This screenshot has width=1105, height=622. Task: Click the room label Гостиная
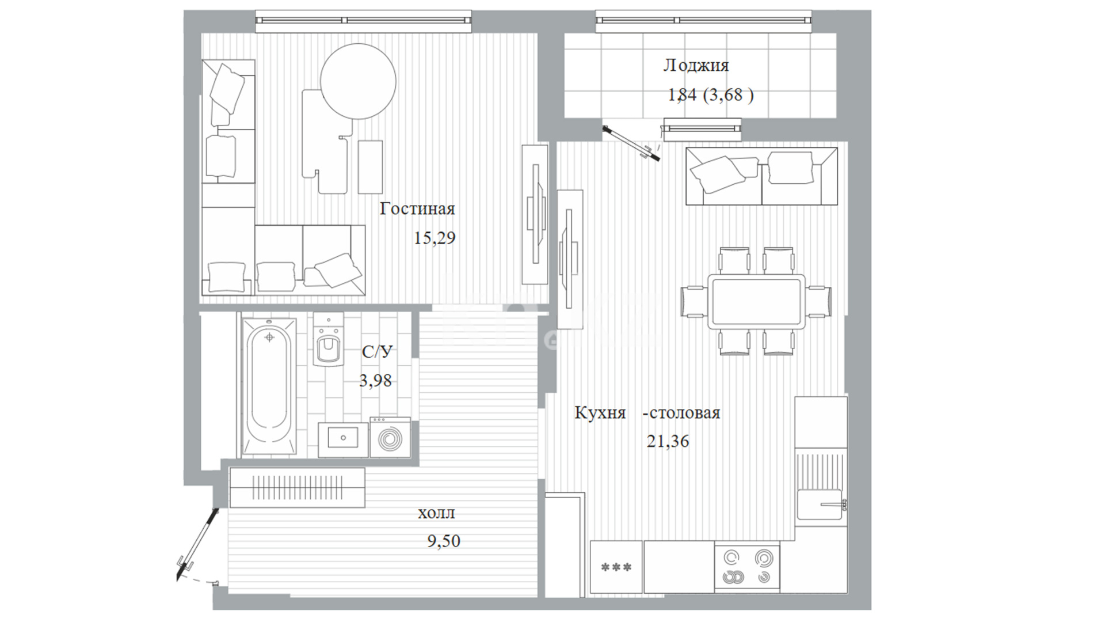point(417,208)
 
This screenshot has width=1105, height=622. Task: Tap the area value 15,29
point(435,238)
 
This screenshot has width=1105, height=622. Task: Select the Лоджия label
point(696,66)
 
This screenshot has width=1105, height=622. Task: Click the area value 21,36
point(668,441)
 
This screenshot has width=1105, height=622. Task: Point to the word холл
point(436,513)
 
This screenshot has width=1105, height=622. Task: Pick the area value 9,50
point(444,541)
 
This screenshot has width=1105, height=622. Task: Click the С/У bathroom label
point(377,351)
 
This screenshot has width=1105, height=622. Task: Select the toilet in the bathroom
point(329,339)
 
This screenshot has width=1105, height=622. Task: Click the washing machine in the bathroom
point(390,438)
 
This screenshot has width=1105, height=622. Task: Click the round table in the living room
point(358,81)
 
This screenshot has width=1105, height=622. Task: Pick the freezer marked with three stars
point(616,567)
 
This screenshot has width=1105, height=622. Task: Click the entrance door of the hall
point(199,543)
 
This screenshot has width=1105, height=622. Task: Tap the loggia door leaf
point(631,142)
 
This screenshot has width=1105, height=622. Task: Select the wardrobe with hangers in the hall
point(297,487)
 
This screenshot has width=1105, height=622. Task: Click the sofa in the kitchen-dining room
point(761,176)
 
